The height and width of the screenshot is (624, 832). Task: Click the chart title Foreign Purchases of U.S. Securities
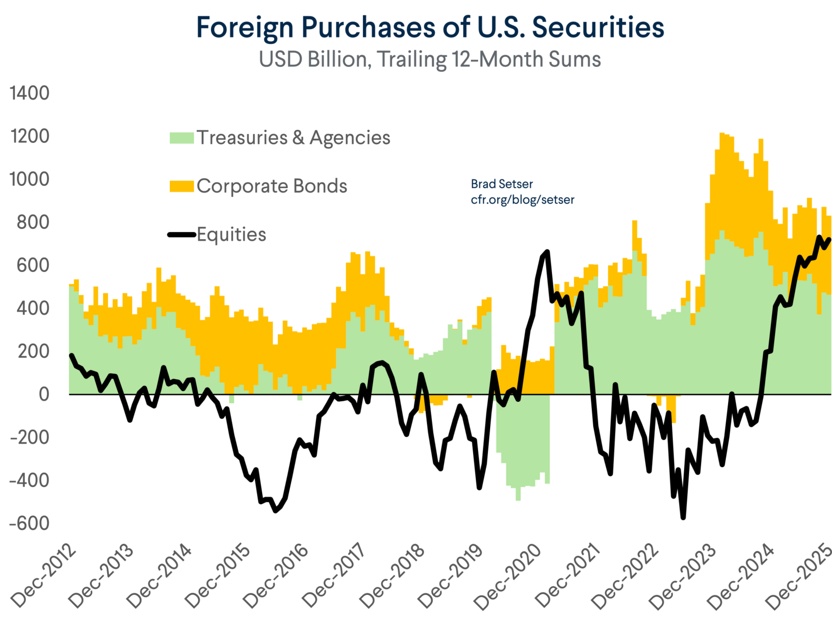coord(430,27)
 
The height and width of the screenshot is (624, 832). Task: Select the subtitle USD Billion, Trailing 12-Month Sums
coord(430,59)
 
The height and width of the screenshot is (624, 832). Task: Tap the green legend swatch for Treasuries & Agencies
coord(182,138)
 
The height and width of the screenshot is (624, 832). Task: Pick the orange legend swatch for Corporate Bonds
coord(182,186)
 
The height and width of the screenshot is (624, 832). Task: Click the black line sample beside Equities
coord(182,235)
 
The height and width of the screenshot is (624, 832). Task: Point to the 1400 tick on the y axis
coord(29,93)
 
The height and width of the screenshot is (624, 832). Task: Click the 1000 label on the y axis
coord(29,179)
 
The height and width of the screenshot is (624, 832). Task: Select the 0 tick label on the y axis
coord(44,394)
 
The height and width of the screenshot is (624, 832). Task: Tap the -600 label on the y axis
coord(29,523)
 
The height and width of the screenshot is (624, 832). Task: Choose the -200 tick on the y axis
coord(29,437)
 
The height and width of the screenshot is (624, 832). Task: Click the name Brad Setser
coord(502,184)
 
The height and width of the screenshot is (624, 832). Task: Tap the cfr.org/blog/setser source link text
coord(523,200)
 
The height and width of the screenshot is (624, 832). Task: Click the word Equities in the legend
coord(231,235)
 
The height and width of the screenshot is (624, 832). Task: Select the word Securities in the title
coord(598,27)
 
